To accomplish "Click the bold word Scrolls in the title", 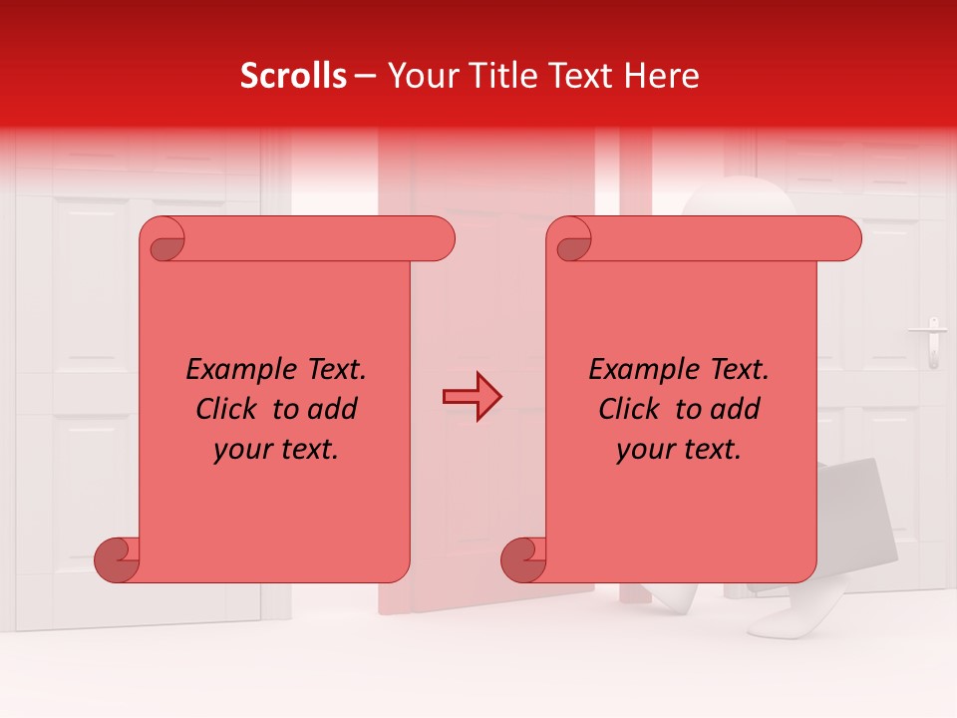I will pyautogui.click(x=294, y=76).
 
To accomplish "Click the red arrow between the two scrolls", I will pyautogui.click(x=472, y=397).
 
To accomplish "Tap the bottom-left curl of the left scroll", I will pyautogui.click(x=116, y=558).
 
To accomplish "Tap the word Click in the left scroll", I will pyautogui.click(x=229, y=409).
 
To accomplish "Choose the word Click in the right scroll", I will pyautogui.click(x=632, y=409).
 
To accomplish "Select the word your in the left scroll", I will pyautogui.click(x=242, y=450).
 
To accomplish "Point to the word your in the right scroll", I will pyautogui.click(x=645, y=450).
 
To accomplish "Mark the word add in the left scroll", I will pyautogui.click(x=333, y=409).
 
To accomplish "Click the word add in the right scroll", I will pyautogui.click(x=736, y=409).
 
